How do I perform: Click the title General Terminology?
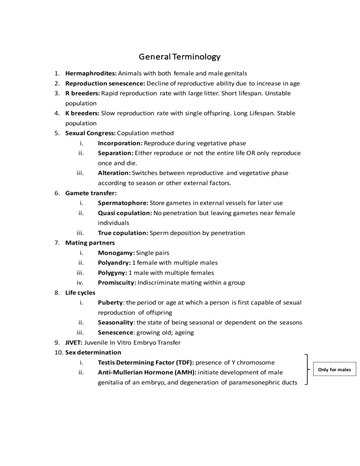click(x=180, y=57)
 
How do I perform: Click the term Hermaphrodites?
click(x=91, y=74)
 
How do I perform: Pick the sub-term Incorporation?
click(x=120, y=143)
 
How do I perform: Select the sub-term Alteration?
click(x=114, y=173)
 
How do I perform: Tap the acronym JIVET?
click(x=74, y=342)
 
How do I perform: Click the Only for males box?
click(x=335, y=369)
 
